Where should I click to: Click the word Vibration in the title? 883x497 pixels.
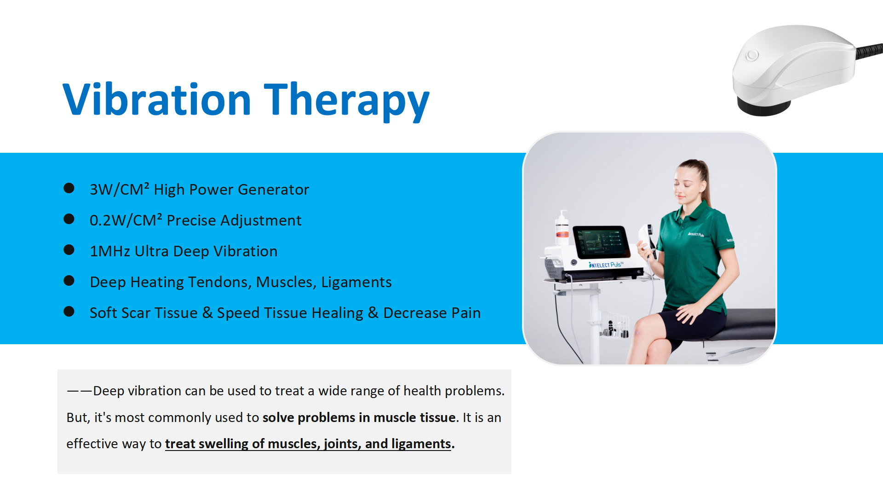(x=157, y=99)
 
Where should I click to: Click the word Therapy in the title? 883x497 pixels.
(x=347, y=101)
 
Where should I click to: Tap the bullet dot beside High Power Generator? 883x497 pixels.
(x=69, y=188)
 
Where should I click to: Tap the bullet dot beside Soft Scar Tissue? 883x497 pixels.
(x=69, y=312)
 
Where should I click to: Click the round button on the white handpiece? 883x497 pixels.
(x=752, y=55)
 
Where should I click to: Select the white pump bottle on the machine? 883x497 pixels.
(x=562, y=228)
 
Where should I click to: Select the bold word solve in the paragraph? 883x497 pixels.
(x=278, y=417)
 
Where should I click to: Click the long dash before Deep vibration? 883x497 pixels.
(x=80, y=391)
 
